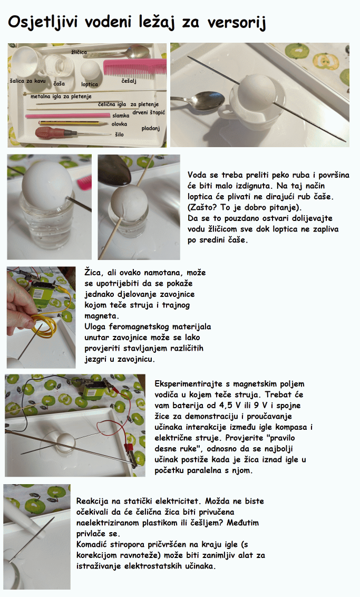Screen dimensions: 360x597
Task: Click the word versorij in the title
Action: pyautogui.click(x=236, y=23)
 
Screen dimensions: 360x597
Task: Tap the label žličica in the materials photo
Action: pyautogui.click(x=79, y=52)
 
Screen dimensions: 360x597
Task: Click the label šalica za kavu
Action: pyautogui.click(x=27, y=81)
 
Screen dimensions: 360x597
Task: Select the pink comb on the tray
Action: pyautogui.click(x=135, y=66)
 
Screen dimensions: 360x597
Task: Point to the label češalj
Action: pyautogui.click(x=129, y=81)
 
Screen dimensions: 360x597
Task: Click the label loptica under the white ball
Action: pyautogui.click(x=90, y=84)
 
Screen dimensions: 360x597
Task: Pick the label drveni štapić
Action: pyautogui.click(x=149, y=112)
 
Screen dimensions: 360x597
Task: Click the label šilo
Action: pyautogui.click(x=119, y=134)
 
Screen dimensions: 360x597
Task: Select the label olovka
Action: pyautogui.click(x=120, y=124)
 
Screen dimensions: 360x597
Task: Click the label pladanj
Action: pyautogui.click(x=151, y=129)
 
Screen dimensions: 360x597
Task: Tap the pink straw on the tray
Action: pyautogui.click(x=67, y=115)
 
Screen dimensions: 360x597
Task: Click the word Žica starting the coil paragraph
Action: pyautogui.click(x=94, y=273)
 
